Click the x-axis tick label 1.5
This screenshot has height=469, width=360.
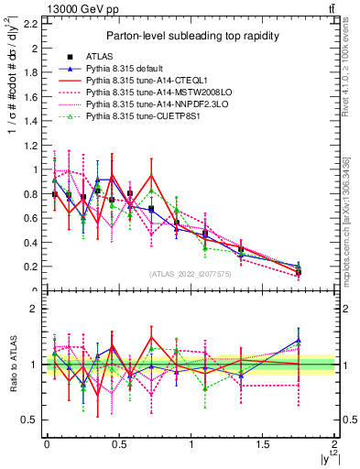264,443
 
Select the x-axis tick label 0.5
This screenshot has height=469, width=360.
119,443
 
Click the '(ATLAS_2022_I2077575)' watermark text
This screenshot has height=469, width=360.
191,274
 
